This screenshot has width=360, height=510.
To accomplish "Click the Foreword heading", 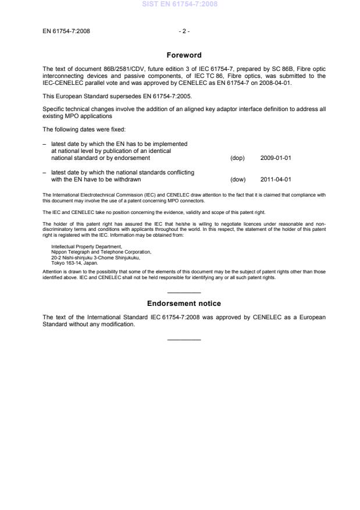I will [184, 55].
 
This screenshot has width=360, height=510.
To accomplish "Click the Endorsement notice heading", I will [184, 304].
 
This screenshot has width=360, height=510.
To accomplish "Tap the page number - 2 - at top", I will [184, 31].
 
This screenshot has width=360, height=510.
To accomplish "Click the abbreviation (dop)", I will [237, 158].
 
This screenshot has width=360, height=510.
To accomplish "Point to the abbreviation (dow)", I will [238, 180].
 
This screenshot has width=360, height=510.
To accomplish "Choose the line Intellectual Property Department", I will [82, 247].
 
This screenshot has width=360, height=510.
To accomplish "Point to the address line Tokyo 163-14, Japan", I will [75, 262].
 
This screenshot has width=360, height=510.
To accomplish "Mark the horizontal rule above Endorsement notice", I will [184, 293].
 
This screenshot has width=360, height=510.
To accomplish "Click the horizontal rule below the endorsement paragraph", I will [184, 340].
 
